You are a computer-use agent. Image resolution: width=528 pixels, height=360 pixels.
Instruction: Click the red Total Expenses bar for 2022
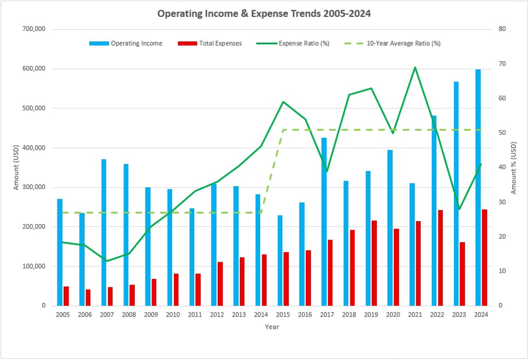(x=440, y=258)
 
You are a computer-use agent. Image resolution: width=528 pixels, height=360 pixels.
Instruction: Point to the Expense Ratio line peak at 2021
(x=415, y=67)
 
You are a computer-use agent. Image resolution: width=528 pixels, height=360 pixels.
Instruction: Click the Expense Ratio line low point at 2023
(x=459, y=209)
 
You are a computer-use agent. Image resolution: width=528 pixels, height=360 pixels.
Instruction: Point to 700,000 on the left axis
(x=33, y=29)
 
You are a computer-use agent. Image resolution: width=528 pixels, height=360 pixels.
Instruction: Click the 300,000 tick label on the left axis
(x=33, y=187)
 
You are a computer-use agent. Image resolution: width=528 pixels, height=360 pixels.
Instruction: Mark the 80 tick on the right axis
(x=500, y=29)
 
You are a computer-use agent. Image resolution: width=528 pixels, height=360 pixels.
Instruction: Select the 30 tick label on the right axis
(x=500, y=202)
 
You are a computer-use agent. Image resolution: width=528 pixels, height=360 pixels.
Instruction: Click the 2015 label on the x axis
(x=283, y=315)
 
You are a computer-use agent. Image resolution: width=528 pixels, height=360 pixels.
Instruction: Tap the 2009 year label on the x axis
(x=151, y=315)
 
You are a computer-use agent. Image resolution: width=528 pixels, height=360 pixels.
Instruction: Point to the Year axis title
(x=272, y=327)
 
